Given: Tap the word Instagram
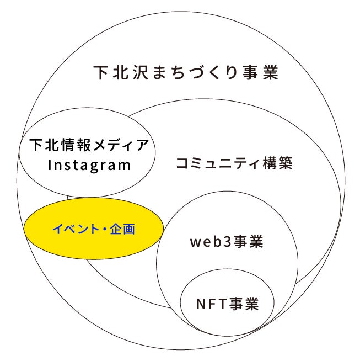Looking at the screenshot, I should coord(89,165).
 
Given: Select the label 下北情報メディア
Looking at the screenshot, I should coord(89,146).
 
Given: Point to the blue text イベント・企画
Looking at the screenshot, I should coord(93,229).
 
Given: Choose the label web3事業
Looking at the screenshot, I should coord(226,242).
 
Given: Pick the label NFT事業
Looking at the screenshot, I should coord(227,303).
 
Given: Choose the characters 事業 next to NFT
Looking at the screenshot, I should coord(244,303).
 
